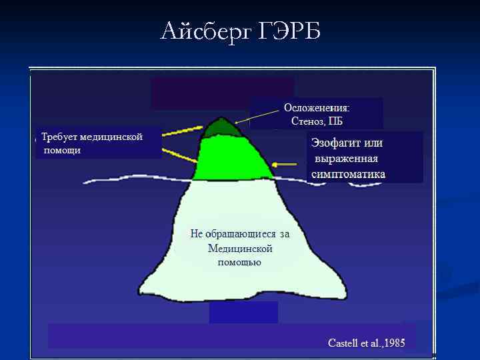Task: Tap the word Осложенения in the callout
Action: point(316,108)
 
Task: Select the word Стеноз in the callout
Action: point(307,121)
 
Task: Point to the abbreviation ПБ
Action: point(335,121)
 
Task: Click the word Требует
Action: point(61,137)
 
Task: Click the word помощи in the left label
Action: point(62,150)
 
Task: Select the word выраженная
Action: point(346,159)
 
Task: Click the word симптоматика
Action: point(348,174)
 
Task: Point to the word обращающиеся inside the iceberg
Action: point(241,234)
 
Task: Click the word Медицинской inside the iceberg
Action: point(240,248)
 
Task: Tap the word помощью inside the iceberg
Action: point(239,262)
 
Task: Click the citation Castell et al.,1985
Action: point(366,343)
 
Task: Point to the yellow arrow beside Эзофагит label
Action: point(285,164)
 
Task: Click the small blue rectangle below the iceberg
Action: point(243,312)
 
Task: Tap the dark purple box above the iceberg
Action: point(222,93)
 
